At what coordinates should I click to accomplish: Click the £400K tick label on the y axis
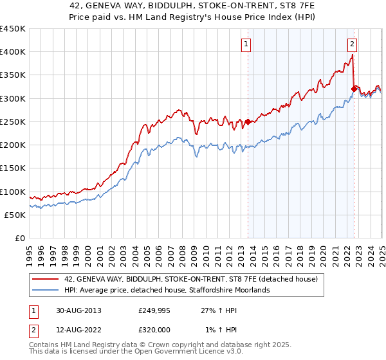[x=13, y=52]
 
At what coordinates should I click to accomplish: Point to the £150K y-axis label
[x=13, y=168]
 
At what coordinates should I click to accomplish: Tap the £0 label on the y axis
[x=20, y=239]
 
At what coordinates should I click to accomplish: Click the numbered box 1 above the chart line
[x=247, y=44]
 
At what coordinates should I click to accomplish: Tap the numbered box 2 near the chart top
[x=353, y=44]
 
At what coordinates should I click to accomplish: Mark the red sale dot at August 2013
[x=248, y=122]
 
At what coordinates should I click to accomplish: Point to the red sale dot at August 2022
[x=354, y=89]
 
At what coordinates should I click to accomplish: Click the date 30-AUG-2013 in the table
[x=78, y=310]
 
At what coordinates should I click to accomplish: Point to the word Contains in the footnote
[x=45, y=346]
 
